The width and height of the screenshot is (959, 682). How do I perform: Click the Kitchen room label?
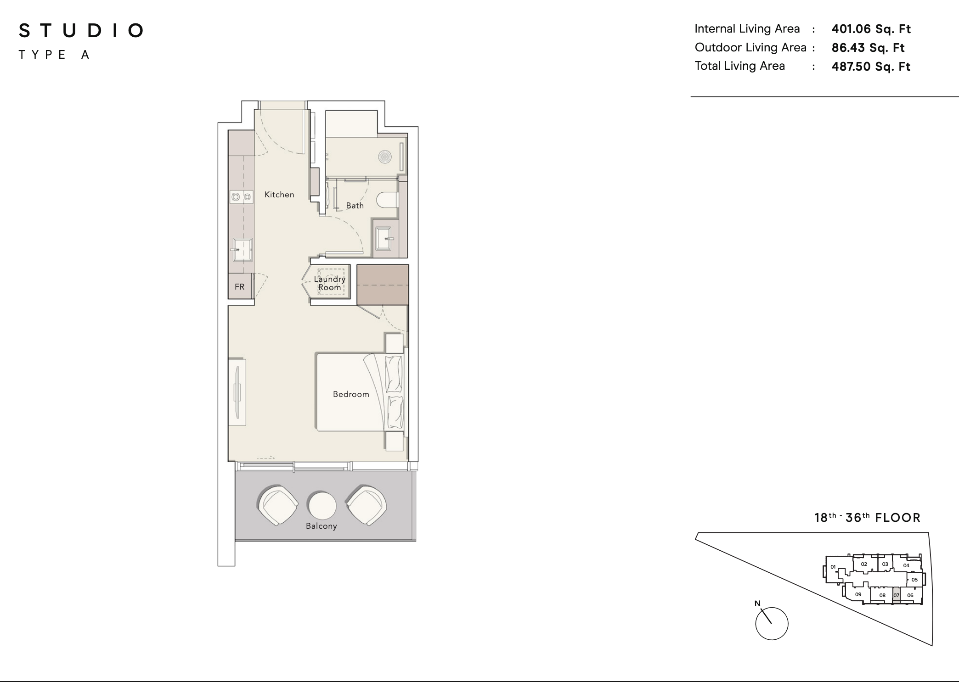[279, 195]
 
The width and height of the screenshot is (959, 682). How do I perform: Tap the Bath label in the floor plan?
[355, 206]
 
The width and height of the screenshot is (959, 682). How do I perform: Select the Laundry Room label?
[330, 283]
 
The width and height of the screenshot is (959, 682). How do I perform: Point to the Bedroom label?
[351, 394]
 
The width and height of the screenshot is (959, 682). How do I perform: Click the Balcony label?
[322, 526]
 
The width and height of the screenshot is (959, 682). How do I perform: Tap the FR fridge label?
[240, 287]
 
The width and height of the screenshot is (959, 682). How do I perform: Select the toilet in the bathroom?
[387, 200]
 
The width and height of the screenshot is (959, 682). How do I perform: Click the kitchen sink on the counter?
[242, 249]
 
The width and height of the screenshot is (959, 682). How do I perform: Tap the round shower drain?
[384, 157]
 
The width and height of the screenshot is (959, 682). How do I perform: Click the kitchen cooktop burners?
[242, 197]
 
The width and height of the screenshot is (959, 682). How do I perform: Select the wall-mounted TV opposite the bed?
[237, 392]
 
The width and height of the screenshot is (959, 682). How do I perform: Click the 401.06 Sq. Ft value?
[871, 29]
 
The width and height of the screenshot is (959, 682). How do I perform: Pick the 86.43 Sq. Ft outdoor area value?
[868, 48]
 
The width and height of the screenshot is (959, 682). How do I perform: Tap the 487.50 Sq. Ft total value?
[871, 67]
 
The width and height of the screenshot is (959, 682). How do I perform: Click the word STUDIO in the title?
[81, 31]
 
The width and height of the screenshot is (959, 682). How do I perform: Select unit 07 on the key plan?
[896, 595]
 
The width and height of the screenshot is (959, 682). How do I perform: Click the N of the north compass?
[757, 604]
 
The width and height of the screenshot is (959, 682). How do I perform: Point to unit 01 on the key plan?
[833, 567]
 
